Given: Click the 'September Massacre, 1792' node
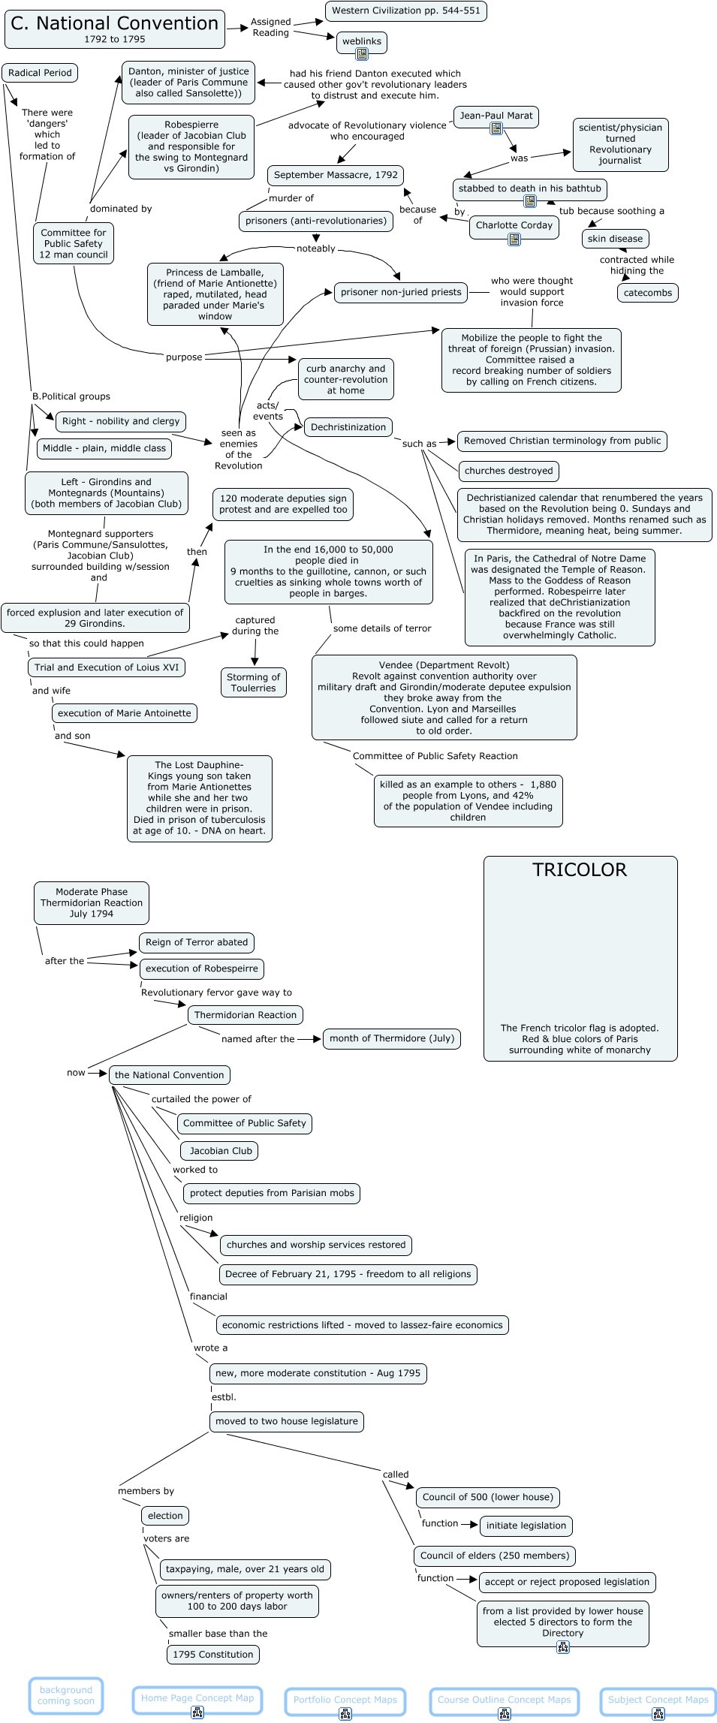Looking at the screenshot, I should [336, 176].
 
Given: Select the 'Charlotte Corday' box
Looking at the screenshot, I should [514, 225].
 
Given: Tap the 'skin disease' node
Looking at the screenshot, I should [615, 239].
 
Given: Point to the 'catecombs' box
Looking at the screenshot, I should [647, 293].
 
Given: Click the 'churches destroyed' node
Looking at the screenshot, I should [508, 471].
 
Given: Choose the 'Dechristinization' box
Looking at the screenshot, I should [348, 427].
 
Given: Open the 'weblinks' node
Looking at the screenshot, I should [362, 42].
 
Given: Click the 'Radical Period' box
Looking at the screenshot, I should [40, 73].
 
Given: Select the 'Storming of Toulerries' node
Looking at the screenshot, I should [253, 682].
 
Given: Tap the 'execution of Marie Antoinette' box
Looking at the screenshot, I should [125, 713].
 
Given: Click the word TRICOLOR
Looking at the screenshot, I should [579, 870].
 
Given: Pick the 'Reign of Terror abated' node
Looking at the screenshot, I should [196, 942].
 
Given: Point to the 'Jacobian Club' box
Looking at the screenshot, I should [220, 1151].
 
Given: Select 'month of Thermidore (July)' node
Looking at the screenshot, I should [391, 1038].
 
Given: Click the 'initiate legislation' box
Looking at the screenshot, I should [526, 1526].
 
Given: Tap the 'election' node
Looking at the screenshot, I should [165, 1516].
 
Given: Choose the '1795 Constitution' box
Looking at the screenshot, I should [212, 1655].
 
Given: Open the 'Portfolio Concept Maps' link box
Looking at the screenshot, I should [345, 1700].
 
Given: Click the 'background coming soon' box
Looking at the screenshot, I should [66, 1695].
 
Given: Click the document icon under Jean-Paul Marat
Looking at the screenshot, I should [496, 129].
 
